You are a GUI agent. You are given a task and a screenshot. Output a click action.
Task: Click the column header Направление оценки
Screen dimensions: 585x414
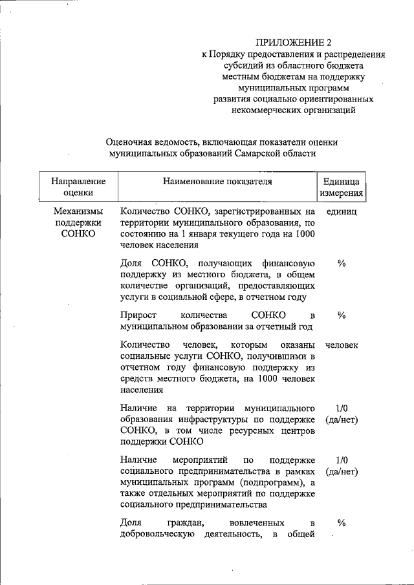click(x=78, y=186)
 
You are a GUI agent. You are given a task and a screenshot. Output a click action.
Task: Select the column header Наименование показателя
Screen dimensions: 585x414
click(x=217, y=181)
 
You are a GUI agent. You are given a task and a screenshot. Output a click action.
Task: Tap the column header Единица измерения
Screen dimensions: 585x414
click(x=341, y=186)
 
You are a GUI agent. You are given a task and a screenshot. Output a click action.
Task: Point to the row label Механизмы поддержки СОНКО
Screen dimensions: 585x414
click(x=78, y=222)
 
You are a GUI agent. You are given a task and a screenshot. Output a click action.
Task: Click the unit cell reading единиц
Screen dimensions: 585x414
click(x=341, y=211)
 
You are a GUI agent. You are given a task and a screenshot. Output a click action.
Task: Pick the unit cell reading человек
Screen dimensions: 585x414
click(x=341, y=345)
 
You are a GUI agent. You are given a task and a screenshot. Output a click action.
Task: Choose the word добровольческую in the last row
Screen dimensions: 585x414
click(x=155, y=534)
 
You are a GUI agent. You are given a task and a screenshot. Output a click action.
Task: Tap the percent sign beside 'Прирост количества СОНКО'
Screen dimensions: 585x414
click(x=342, y=315)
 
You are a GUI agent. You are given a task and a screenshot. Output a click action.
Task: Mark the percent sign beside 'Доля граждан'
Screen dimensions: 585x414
click(x=342, y=522)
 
